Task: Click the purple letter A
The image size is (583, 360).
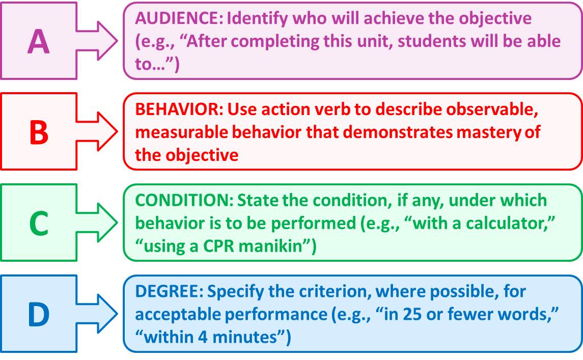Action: [39, 41]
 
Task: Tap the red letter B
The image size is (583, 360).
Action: [39, 132]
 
